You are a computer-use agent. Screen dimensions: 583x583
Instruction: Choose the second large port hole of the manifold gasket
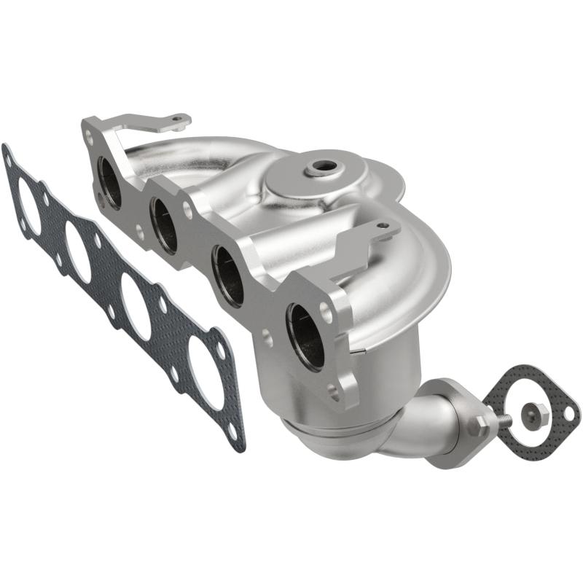click(78, 251)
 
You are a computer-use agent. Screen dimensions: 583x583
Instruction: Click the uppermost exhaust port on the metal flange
click(111, 183)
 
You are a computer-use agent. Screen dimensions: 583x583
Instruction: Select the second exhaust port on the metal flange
click(165, 226)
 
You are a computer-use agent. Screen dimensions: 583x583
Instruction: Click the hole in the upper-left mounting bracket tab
click(176, 119)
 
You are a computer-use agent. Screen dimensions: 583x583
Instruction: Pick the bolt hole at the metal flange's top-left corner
click(90, 134)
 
